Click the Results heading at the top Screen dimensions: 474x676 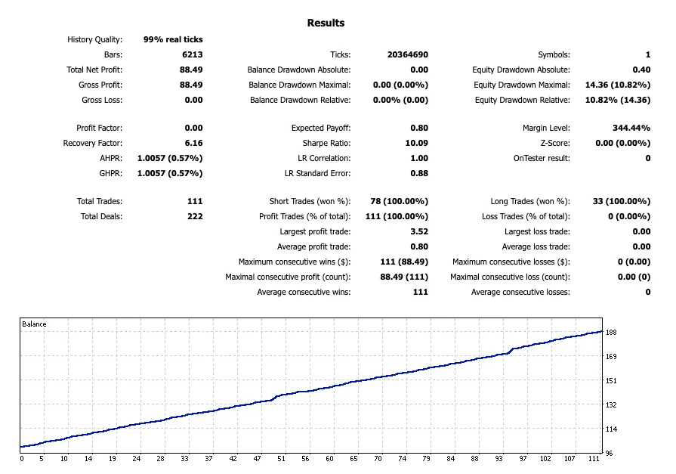pos(326,23)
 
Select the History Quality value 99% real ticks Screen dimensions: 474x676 pos(173,39)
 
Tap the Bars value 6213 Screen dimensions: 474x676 pos(192,54)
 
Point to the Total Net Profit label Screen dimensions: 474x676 pos(94,70)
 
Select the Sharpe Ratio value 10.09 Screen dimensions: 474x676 pos(417,143)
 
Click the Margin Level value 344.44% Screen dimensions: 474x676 pos(631,128)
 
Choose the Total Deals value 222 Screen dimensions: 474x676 pos(195,216)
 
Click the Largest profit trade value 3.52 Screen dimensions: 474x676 pos(418,231)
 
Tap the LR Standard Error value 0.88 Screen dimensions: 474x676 pos(418,173)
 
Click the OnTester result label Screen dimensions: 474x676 pos(540,158)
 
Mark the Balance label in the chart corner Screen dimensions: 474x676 pos(34,324)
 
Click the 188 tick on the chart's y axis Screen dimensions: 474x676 pos(612,332)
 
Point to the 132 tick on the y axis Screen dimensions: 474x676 pos(612,405)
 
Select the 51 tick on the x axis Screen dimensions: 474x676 pos(281,458)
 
